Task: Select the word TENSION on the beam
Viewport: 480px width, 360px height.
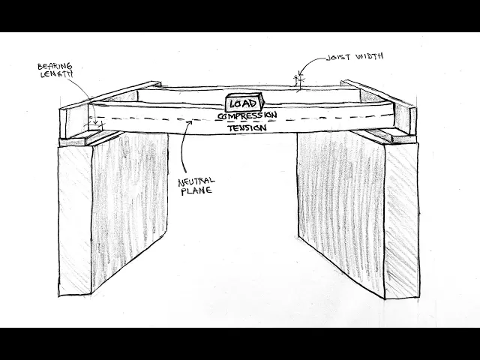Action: (x=246, y=128)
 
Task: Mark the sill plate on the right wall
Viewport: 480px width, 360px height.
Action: (x=386, y=136)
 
